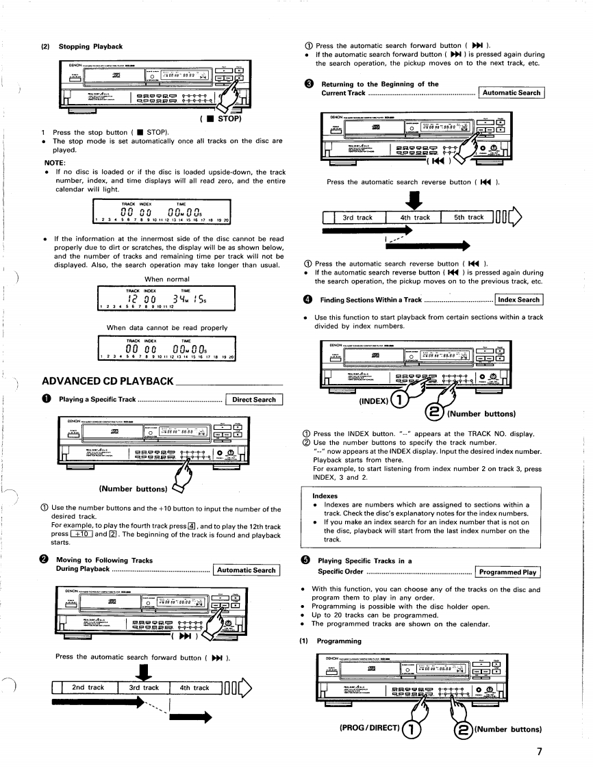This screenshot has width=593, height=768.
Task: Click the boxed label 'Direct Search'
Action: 254,400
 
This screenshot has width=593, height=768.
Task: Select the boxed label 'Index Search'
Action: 518,299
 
